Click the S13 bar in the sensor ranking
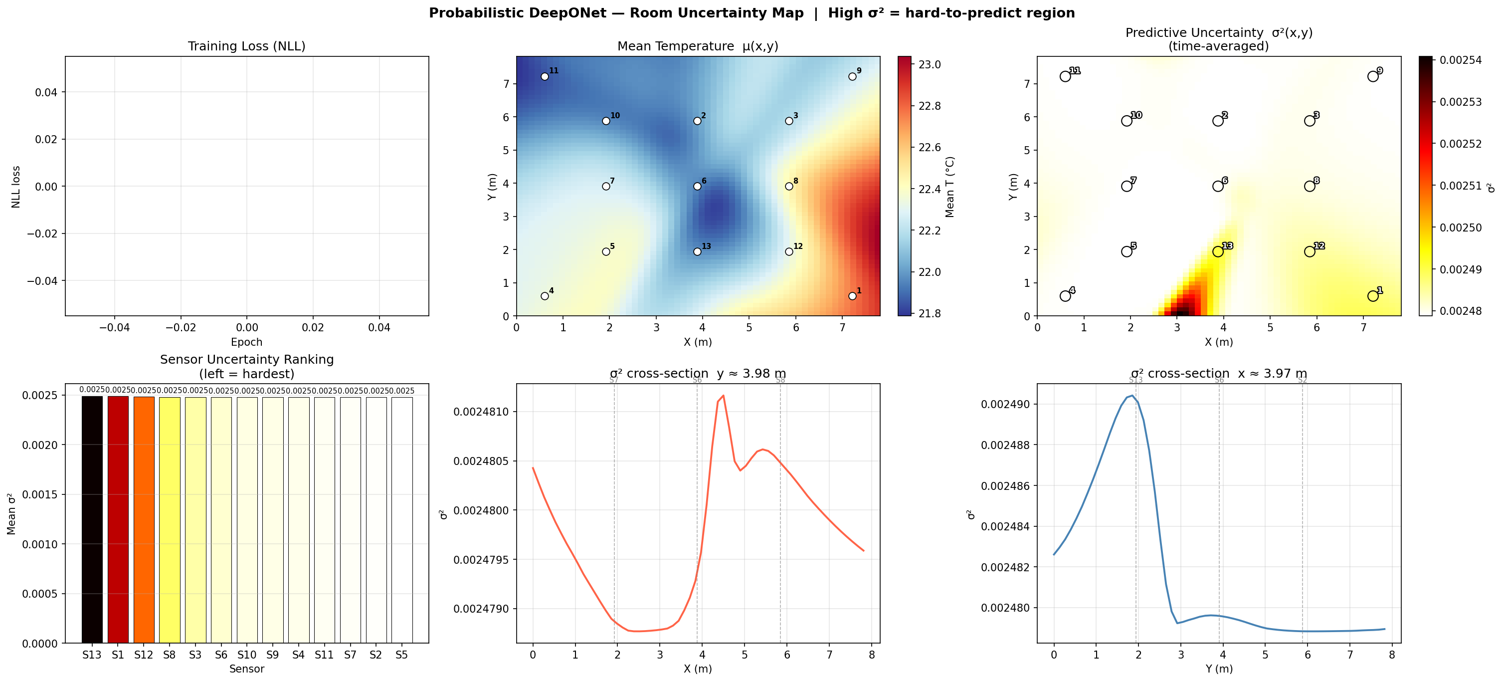click(x=92, y=520)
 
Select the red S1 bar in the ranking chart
click(x=118, y=520)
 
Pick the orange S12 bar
click(x=144, y=520)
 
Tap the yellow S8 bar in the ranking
click(x=170, y=520)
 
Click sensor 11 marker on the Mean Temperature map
click(x=545, y=76)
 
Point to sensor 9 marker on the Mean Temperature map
click(x=852, y=76)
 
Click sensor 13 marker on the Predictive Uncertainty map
click(x=1218, y=251)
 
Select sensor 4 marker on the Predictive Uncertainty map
click(x=1066, y=296)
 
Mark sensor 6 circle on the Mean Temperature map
click(x=697, y=186)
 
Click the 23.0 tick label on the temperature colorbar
click(x=930, y=65)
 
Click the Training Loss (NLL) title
click(x=246, y=46)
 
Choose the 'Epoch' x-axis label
click(x=246, y=342)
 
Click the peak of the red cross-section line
click(x=724, y=396)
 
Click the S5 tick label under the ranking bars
click(x=402, y=655)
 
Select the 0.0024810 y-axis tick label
click(x=481, y=412)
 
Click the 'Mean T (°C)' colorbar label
click(x=950, y=187)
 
